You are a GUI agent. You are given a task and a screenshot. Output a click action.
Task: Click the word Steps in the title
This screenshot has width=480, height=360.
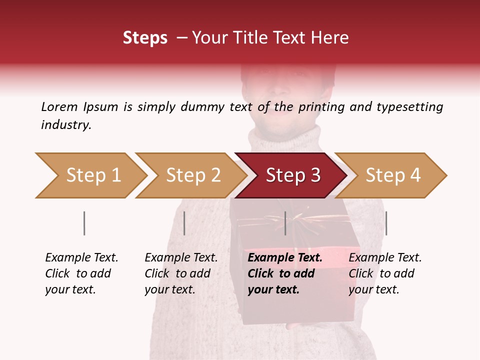click(145, 38)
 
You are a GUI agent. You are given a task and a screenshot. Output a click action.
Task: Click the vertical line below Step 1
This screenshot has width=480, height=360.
click(84, 223)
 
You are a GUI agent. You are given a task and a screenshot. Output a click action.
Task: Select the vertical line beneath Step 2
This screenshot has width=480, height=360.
click(184, 223)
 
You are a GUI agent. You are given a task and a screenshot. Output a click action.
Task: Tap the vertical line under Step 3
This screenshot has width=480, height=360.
click(285, 223)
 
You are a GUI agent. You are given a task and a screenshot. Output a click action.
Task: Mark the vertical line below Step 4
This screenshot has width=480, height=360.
click(386, 223)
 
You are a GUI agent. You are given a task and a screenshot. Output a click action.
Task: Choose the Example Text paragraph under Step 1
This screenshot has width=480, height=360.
click(81, 273)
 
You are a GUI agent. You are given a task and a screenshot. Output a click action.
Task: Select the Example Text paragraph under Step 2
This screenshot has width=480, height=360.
click(181, 273)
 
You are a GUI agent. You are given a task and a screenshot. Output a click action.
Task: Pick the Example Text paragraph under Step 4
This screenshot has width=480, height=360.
click(385, 273)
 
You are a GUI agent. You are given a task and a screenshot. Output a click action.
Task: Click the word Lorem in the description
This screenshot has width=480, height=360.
click(59, 107)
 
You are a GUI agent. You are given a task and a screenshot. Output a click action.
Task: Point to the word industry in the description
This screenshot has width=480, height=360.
click(66, 125)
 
